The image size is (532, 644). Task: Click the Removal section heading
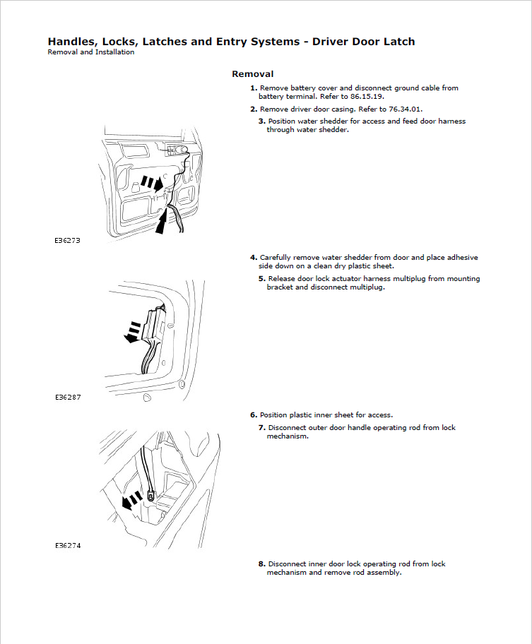[x=252, y=74]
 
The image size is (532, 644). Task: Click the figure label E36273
[x=68, y=240]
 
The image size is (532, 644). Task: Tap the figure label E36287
[x=68, y=398]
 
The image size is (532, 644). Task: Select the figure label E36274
[x=68, y=546]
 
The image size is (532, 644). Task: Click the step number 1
[x=254, y=88]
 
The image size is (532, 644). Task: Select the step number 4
[x=254, y=258]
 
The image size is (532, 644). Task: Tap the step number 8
[x=261, y=564]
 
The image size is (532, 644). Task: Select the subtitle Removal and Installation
[x=90, y=52]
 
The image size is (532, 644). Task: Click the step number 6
[x=254, y=415]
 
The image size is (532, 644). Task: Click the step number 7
[x=261, y=428]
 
